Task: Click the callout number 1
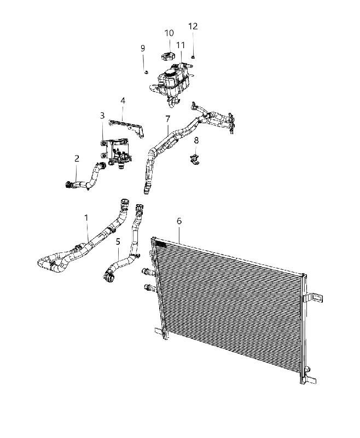[86, 217]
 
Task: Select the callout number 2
[77, 159]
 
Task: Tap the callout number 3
[102, 116]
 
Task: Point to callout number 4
[123, 101]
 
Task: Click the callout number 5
[118, 241]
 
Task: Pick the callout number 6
[179, 221]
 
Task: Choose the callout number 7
[167, 119]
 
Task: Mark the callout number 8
[196, 141]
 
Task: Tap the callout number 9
[143, 48]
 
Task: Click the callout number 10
[169, 33]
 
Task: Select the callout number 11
[181, 45]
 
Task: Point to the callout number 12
[193, 26]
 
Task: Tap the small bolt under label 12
[193, 57]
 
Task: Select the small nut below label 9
[146, 72]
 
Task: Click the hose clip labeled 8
[194, 159]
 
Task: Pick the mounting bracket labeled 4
[127, 128]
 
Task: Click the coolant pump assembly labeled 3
[117, 153]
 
